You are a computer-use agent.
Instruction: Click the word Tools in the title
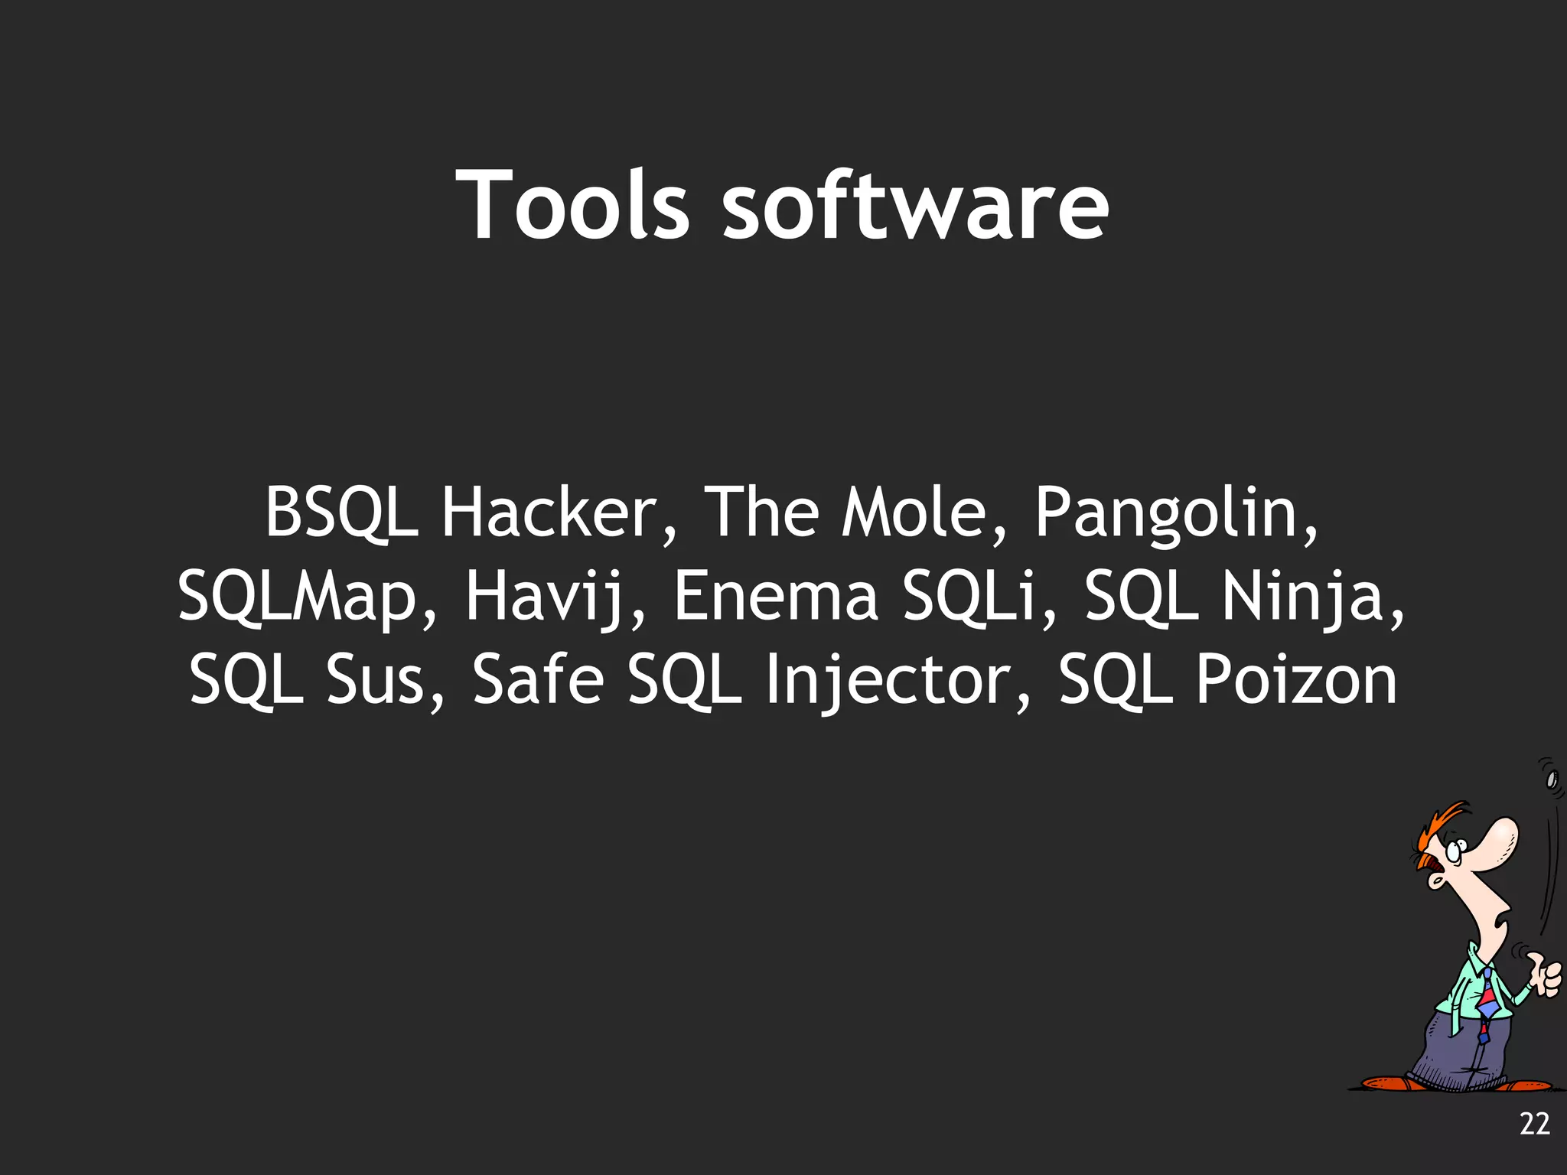[x=572, y=205]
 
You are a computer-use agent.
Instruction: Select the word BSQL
[x=341, y=513]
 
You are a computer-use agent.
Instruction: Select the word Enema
[x=776, y=597]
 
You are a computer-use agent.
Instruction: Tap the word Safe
[x=538, y=679]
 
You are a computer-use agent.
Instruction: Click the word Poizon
[x=1296, y=679]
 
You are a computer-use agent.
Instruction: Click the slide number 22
[x=1534, y=1124]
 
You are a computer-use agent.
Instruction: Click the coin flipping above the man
[x=1552, y=780]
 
